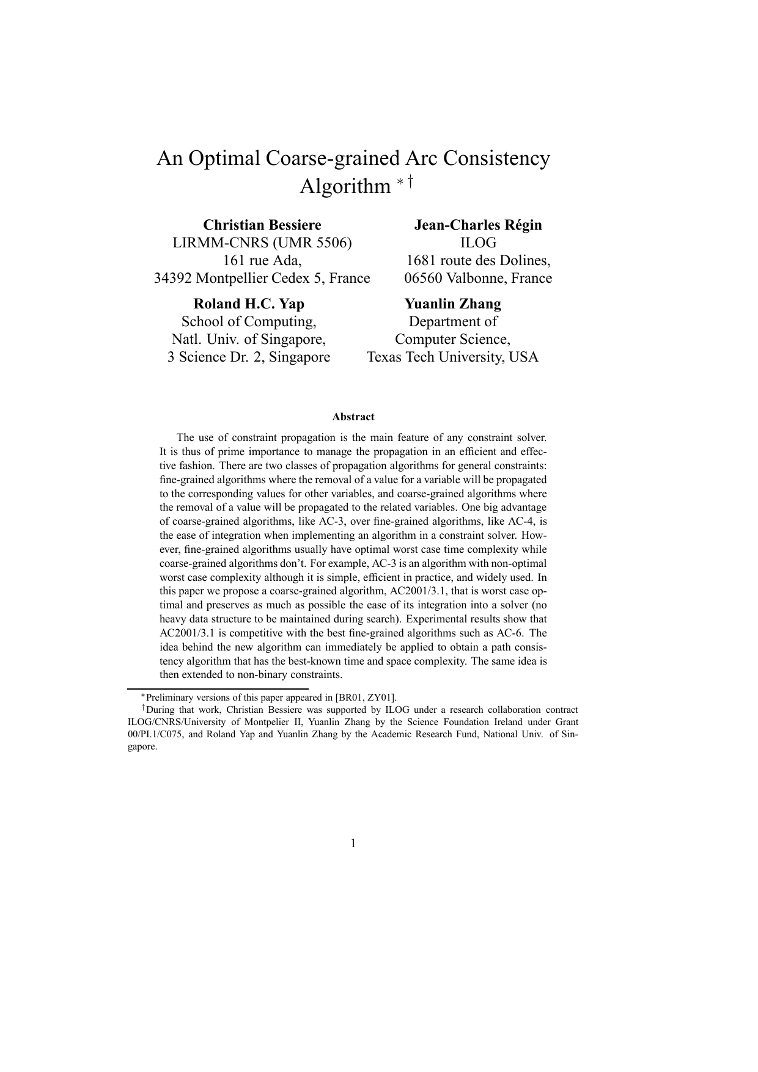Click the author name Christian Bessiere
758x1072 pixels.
click(x=262, y=225)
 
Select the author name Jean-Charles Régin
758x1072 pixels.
click(x=478, y=225)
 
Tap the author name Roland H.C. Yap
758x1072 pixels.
click(x=249, y=304)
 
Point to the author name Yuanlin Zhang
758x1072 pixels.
click(x=452, y=304)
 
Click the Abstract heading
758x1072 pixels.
click(x=353, y=417)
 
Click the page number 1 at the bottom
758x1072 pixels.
click(x=353, y=844)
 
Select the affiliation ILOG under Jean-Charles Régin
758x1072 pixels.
click(x=478, y=242)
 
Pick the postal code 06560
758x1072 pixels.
click(x=423, y=279)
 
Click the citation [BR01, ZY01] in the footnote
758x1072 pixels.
click(x=366, y=698)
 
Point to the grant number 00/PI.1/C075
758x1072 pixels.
click(x=155, y=734)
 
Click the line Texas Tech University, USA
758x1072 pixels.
click(x=452, y=357)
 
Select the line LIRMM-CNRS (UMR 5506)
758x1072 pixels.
click(x=262, y=242)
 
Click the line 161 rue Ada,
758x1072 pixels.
click(x=262, y=260)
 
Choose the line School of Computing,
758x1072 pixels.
click(x=249, y=321)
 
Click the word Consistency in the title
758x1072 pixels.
click(x=496, y=158)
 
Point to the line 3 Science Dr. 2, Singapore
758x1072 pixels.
click(x=249, y=357)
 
